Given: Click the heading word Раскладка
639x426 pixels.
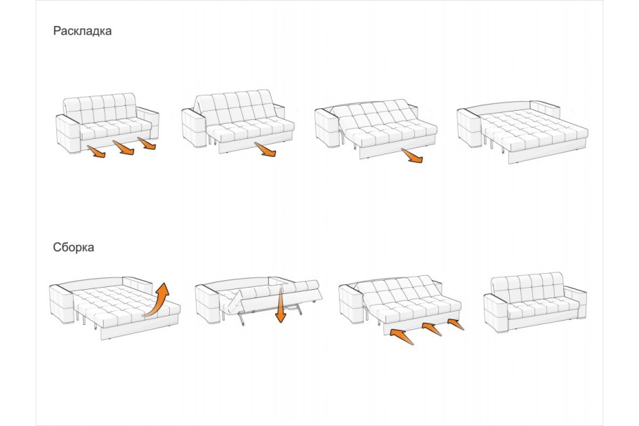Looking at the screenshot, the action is (x=82, y=31).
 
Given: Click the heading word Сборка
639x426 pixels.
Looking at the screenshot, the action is (x=73, y=247).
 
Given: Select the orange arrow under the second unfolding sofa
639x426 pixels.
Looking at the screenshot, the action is (x=265, y=149).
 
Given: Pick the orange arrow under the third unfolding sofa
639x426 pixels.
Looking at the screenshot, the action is (x=412, y=155).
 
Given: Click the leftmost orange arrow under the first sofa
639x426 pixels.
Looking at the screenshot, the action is (x=96, y=151).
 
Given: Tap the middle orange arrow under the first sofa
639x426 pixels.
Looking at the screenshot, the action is (x=124, y=147).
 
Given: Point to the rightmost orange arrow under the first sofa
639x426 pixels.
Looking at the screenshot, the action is (x=147, y=143).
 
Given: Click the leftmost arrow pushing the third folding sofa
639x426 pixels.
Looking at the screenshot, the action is (x=402, y=336).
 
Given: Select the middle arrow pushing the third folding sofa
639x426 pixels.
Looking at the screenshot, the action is (x=432, y=329).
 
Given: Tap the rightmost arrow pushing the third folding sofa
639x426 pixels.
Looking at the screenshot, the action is (x=456, y=324).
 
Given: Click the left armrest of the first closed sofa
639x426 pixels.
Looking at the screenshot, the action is (x=67, y=133).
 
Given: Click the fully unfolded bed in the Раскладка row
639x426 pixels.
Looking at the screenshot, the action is (x=523, y=131).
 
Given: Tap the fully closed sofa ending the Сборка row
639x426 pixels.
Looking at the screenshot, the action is (x=535, y=302).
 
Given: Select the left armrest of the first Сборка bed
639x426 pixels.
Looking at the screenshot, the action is (x=62, y=303).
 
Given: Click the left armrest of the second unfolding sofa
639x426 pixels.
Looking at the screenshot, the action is (x=194, y=128).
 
